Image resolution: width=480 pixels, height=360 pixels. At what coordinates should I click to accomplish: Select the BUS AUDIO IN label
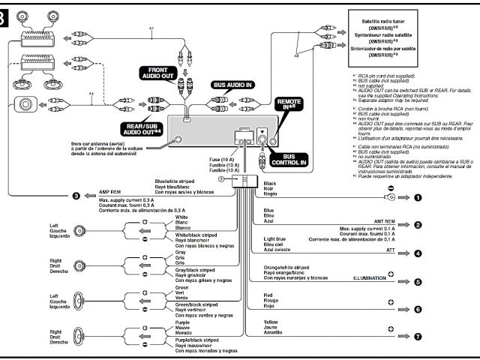pos(234,86)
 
